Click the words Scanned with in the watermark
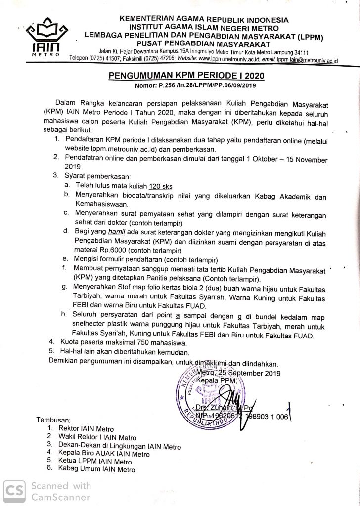(x=60, y=485)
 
